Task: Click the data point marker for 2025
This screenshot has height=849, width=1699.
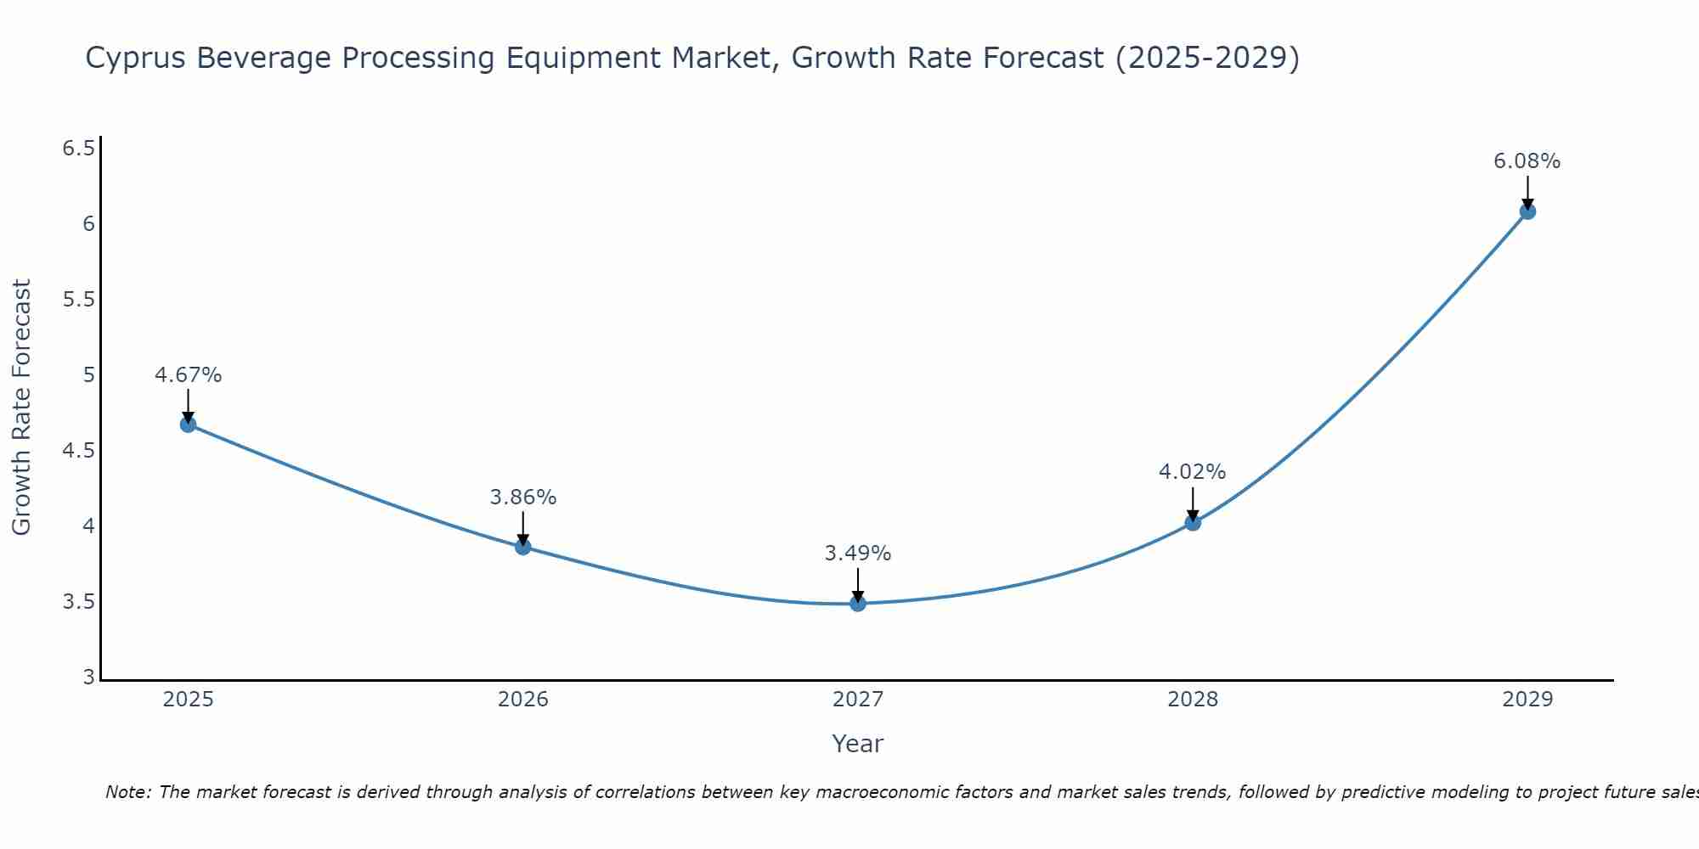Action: coord(189,424)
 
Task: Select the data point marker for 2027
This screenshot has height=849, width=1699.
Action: coord(858,604)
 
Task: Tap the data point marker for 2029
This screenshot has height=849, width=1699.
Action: coord(1527,211)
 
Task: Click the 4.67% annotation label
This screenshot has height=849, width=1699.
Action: coord(189,375)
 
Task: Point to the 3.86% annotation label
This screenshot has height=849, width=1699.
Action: coord(523,498)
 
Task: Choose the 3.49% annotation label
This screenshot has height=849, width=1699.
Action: coord(858,554)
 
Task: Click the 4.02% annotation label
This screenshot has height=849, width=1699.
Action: coord(1193,472)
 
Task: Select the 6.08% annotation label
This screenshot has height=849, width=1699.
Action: coord(1527,161)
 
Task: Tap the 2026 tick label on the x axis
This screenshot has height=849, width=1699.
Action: coord(523,700)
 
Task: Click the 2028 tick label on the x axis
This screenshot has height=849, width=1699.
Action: coord(1193,700)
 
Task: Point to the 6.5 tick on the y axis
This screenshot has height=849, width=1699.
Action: coord(78,149)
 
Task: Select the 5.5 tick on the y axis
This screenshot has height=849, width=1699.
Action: coord(78,300)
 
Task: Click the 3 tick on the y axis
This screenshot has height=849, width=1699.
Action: coord(88,678)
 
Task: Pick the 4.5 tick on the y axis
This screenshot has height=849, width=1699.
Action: coord(78,451)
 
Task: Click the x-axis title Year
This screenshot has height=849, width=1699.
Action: coord(858,744)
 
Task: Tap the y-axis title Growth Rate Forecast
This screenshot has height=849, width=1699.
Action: coord(22,408)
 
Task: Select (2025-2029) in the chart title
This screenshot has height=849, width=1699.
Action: coord(1206,59)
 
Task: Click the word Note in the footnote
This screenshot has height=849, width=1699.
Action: coord(127,792)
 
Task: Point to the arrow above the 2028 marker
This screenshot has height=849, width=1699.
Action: coord(1193,503)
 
